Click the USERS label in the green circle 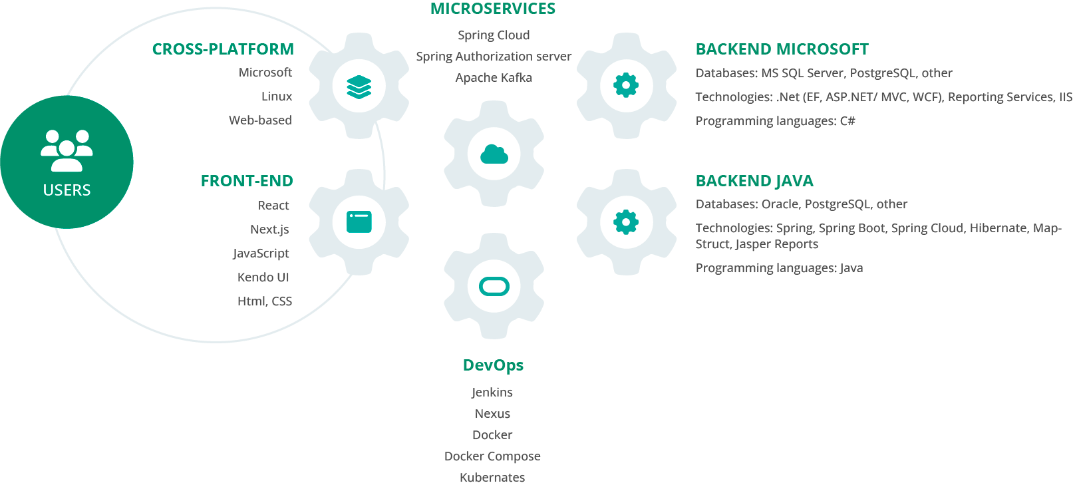point(67,190)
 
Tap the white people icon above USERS point(67,150)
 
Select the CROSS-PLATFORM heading point(223,49)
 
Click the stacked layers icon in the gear point(359,86)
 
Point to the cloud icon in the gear point(494,154)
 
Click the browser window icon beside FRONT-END point(359,222)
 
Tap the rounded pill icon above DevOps point(494,287)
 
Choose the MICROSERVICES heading point(493,9)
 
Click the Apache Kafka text point(494,78)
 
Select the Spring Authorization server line point(494,57)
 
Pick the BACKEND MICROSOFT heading point(782,49)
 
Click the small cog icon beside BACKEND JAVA point(626,222)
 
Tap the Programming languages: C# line point(775,121)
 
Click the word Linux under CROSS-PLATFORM point(276,96)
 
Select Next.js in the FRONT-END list point(269,230)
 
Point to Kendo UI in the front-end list point(263,277)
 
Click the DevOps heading point(493,365)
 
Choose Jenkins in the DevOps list point(492,393)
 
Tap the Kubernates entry point(492,477)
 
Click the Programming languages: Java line point(780,268)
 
